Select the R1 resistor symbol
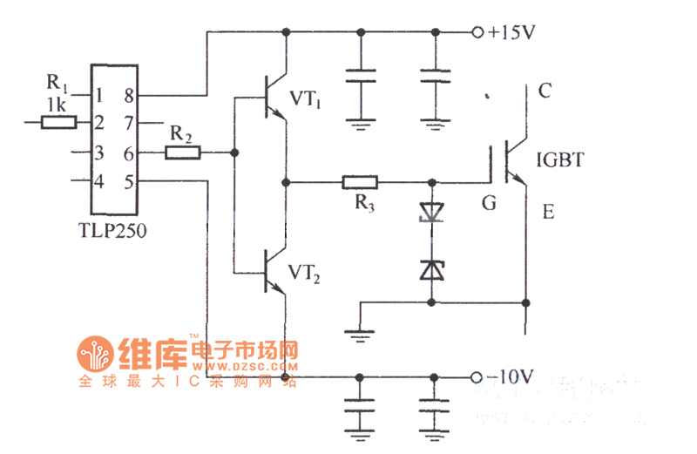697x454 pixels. [58, 123]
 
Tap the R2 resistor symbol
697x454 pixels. [184, 152]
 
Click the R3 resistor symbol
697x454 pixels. [360, 183]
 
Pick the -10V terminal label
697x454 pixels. [511, 377]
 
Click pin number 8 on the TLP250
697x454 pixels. [128, 95]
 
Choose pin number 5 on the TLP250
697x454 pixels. [128, 182]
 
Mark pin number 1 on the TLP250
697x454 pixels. [100, 95]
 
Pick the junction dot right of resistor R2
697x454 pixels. [233, 153]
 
